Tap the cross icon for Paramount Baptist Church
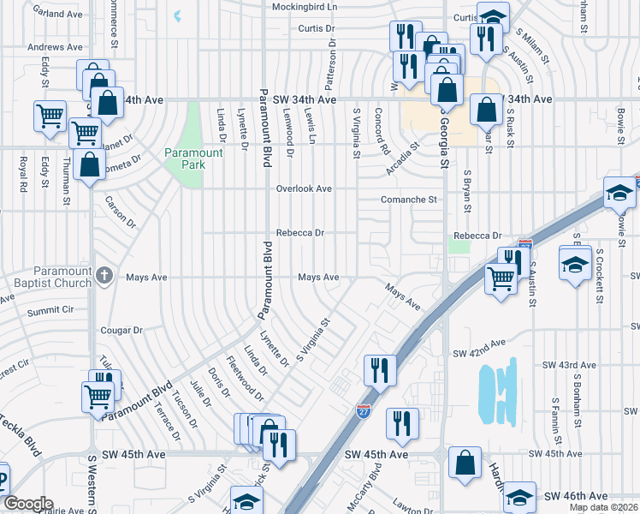(104, 275)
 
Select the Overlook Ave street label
(303, 188)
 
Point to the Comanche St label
(409, 200)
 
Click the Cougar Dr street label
(121, 330)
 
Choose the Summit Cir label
(50, 310)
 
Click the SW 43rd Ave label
(571, 365)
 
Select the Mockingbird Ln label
(305, 7)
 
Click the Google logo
(27, 504)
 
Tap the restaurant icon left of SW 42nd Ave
(377, 369)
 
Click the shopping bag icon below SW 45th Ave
(463, 461)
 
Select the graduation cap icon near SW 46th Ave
(519, 496)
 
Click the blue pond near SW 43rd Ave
(499, 391)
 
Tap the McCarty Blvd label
(374, 484)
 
